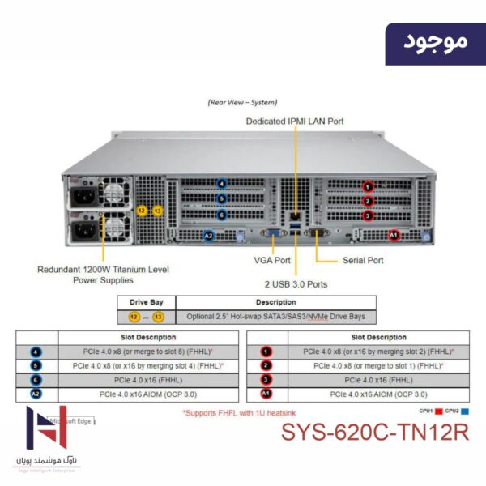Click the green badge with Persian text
tap(434, 41)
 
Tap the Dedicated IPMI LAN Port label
tap(295, 122)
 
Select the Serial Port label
tap(361, 261)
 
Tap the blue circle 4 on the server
tap(222, 184)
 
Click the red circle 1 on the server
tap(367, 187)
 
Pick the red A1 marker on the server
tap(394, 235)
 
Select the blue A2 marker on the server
tap(209, 236)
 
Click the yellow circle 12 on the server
tap(142, 211)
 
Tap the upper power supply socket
tap(83, 197)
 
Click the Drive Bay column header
tap(146, 302)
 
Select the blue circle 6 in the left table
tap(35, 379)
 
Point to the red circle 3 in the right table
tap(266, 379)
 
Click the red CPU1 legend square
tap(439, 411)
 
